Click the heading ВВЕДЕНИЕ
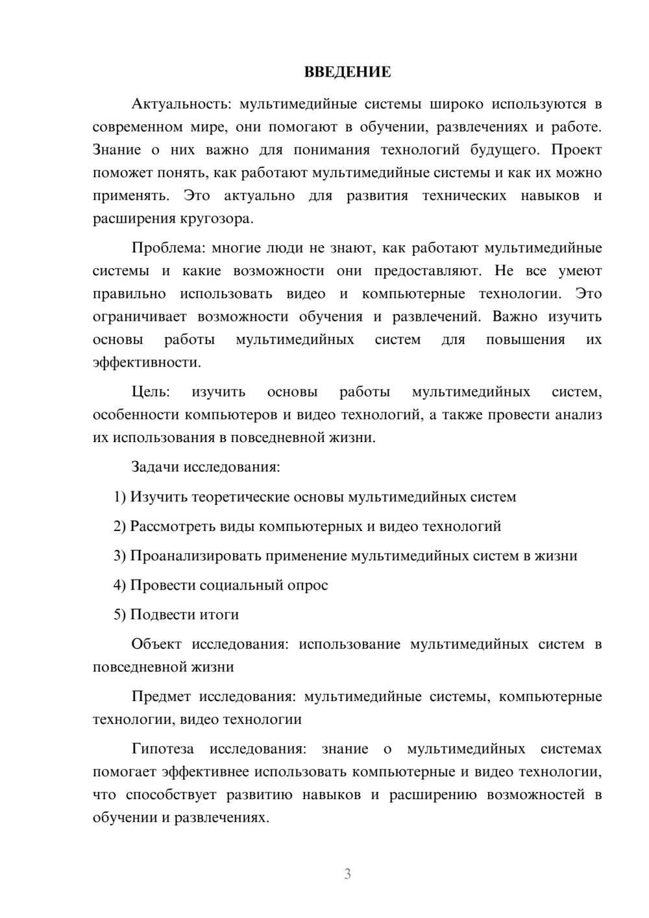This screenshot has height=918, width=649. [x=347, y=72]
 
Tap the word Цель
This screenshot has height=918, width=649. [x=151, y=392]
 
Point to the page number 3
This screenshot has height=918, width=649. [x=347, y=874]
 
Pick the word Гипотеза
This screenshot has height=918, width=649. [x=162, y=749]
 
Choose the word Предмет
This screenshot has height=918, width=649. [x=161, y=697]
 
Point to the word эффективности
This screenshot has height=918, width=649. [x=146, y=362]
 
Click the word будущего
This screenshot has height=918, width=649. [x=504, y=151]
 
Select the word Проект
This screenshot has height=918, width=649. [x=576, y=151]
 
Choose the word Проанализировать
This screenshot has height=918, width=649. [x=193, y=556]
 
